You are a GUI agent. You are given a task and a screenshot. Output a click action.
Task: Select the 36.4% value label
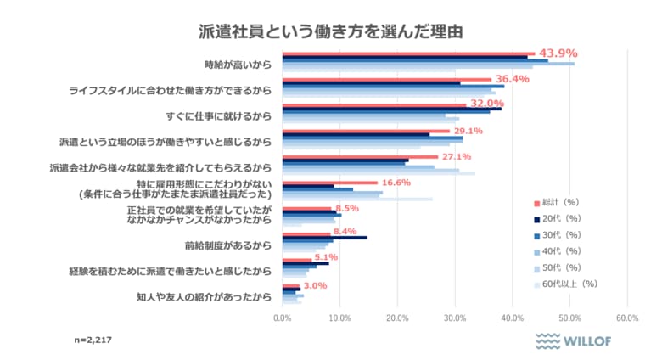click(x=512, y=79)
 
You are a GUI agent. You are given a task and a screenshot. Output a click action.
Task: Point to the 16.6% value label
click(x=396, y=183)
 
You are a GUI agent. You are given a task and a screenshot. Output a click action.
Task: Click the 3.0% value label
click(x=315, y=286)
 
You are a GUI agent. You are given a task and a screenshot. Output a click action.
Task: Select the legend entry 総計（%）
click(x=560, y=202)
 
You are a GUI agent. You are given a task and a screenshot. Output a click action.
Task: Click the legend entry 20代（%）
click(x=560, y=218)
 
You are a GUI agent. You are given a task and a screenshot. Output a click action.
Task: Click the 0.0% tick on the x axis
click(x=282, y=318)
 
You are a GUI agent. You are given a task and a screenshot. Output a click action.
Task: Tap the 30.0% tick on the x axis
click(x=454, y=318)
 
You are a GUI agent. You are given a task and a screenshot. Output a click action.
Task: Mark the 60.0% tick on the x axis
click(x=626, y=318)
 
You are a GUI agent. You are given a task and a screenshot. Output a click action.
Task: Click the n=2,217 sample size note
click(x=93, y=340)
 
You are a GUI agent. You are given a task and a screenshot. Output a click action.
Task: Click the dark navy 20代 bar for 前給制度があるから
click(x=324, y=238)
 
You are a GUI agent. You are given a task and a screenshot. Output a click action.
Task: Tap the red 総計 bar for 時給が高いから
click(x=408, y=53)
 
